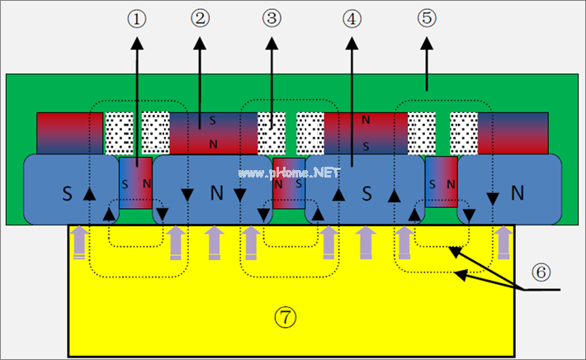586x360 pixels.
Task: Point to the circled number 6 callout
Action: [538, 271]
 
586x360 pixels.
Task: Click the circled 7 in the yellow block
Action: [286, 315]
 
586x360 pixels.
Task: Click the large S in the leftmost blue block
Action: [68, 195]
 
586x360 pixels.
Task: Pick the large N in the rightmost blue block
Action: [517, 192]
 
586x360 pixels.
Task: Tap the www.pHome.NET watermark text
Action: [289, 173]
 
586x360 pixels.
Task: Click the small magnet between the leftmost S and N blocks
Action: [135, 183]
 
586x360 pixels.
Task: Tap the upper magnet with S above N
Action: [212, 132]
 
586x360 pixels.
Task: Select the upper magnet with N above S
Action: [365, 132]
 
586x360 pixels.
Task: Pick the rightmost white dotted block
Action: [464, 132]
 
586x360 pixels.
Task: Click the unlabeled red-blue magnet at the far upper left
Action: [69, 132]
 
